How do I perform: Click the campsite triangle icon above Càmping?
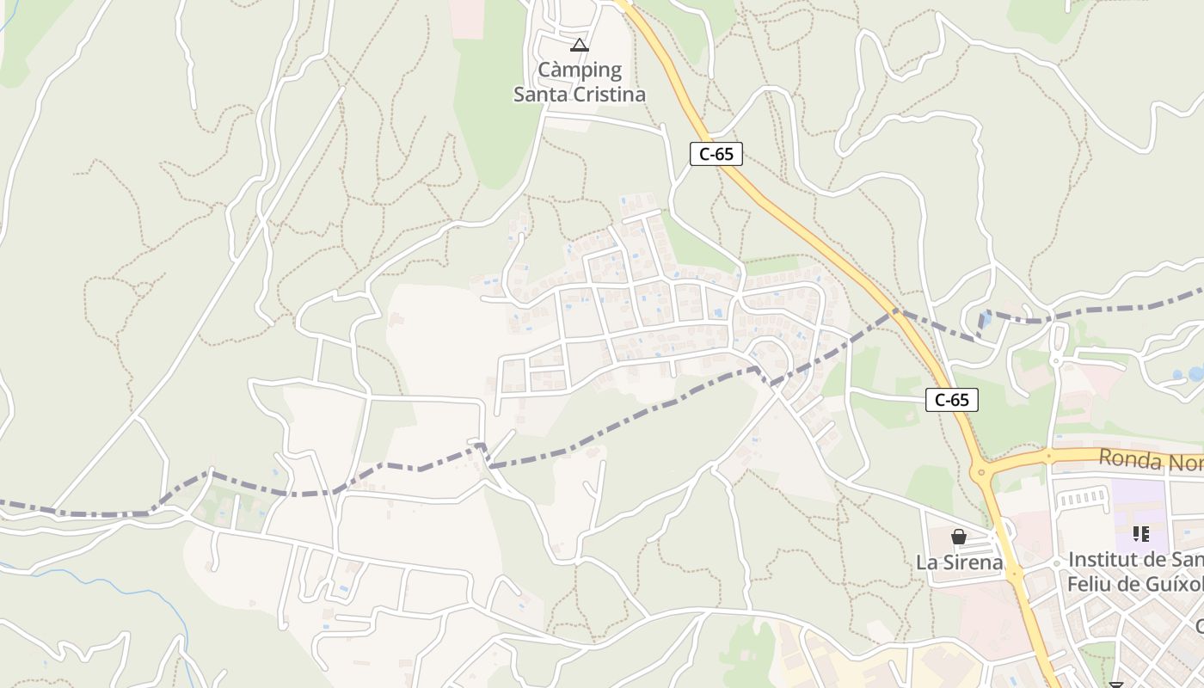[x=580, y=45]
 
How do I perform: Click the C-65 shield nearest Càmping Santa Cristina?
[x=716, y=154]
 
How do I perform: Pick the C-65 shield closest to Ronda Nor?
[x=952, y=400]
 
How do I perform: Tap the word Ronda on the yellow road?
[x=1129, y=459]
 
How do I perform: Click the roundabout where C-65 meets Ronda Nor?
[x=981, y=471]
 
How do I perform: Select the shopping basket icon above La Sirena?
[x=959, y=537]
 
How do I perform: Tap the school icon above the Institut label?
[x=1141, y=534]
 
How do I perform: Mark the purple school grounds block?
[x=1139, y=507]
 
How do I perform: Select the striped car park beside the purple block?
[x=1082, y=497]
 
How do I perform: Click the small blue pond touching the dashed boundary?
[x=985, y=319]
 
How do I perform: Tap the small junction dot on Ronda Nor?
[x=1048, y=455]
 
